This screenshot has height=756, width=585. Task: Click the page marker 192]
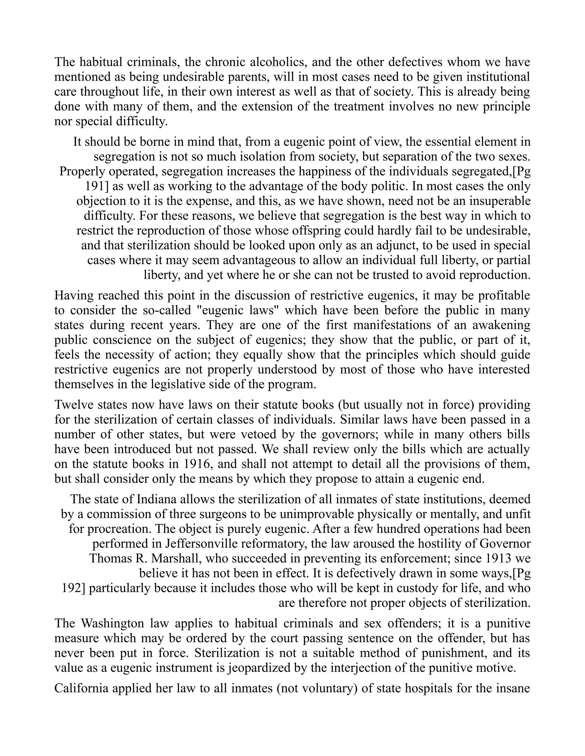pos(73,588)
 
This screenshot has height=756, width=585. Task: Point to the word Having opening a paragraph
pos(73,296)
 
